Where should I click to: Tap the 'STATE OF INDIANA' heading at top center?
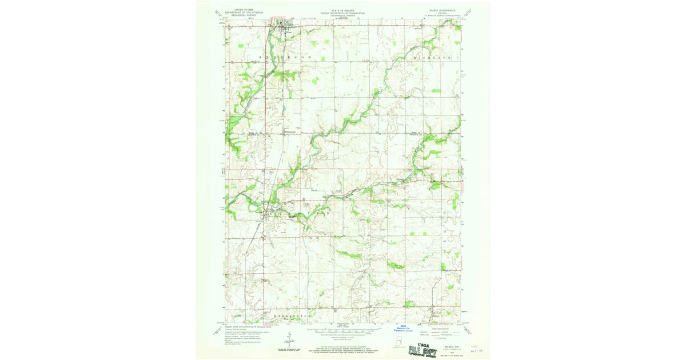tap(344, 10)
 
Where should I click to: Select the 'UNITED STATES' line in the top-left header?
tap(240, 9)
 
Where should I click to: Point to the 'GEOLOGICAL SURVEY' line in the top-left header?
tap(240, 15)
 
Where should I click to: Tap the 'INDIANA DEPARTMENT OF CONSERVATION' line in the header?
tap(344, 13)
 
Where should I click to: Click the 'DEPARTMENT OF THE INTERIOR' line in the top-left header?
tap(240, 12)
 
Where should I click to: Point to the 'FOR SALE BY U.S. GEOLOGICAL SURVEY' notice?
tap(344, 346)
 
